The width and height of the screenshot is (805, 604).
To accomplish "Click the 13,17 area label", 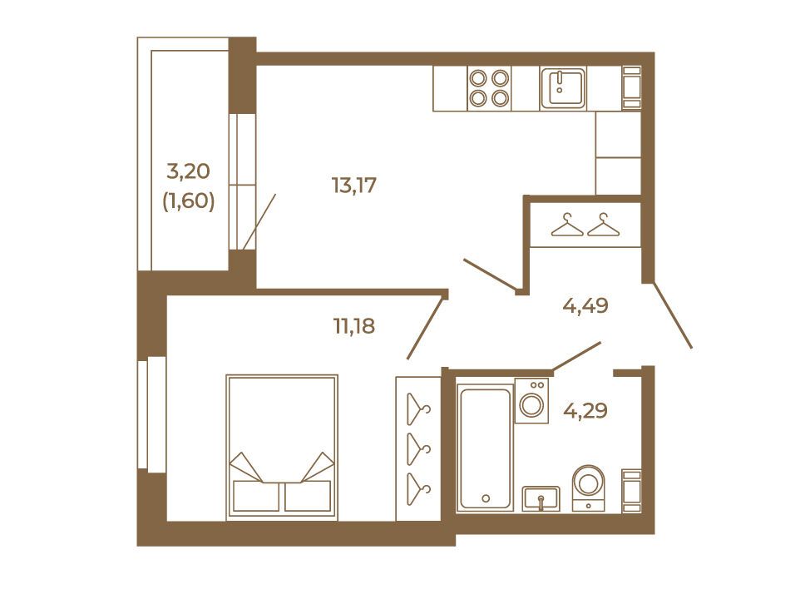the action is pos(354,185).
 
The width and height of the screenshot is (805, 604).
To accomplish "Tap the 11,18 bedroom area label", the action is pos(354,325).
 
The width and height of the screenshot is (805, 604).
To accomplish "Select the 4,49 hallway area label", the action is pos(585,306).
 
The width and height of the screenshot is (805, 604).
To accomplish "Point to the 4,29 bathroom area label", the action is pos(585,411).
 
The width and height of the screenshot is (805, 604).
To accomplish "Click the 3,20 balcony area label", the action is pos(189,171).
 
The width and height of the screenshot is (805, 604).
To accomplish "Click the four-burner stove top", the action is pos(489,88).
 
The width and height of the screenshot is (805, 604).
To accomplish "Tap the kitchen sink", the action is pos(563,88).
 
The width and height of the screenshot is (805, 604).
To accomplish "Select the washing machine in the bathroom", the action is pos(531,401).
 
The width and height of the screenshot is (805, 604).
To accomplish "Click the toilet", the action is pos(588,488).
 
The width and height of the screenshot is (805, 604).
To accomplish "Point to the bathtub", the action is pos(485,448).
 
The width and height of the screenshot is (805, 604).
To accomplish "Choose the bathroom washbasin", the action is pos(541,498).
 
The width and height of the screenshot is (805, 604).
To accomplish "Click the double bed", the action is pos(282,448).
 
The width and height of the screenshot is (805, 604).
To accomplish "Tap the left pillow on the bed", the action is pos(255,496).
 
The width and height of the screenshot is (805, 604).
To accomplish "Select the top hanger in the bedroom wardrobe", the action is pos(418,409).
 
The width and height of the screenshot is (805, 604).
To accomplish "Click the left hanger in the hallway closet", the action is pos(567,225).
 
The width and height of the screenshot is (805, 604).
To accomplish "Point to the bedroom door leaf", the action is pos(426,327).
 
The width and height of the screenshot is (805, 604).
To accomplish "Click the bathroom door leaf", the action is pos(576,356).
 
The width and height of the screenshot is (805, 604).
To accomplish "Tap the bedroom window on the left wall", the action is pos(151,414).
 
